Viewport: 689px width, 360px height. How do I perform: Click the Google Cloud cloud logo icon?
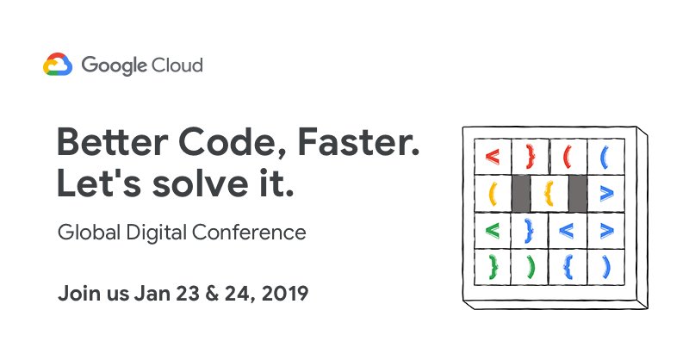(58, 65)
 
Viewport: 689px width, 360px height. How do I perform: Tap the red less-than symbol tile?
(492, 157)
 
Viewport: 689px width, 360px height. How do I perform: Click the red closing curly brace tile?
(530, 157)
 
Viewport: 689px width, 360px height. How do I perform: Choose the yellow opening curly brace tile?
(548, 193)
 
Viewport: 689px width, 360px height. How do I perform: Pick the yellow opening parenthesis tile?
(493, 193)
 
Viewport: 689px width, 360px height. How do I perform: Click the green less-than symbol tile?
(492, 230)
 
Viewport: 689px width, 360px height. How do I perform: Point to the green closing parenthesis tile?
(530, 266)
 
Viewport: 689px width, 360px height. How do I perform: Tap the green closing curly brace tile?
(493, 266)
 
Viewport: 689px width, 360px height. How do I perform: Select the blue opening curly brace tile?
(568, 266)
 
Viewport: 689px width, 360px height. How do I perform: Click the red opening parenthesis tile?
(568, 157)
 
